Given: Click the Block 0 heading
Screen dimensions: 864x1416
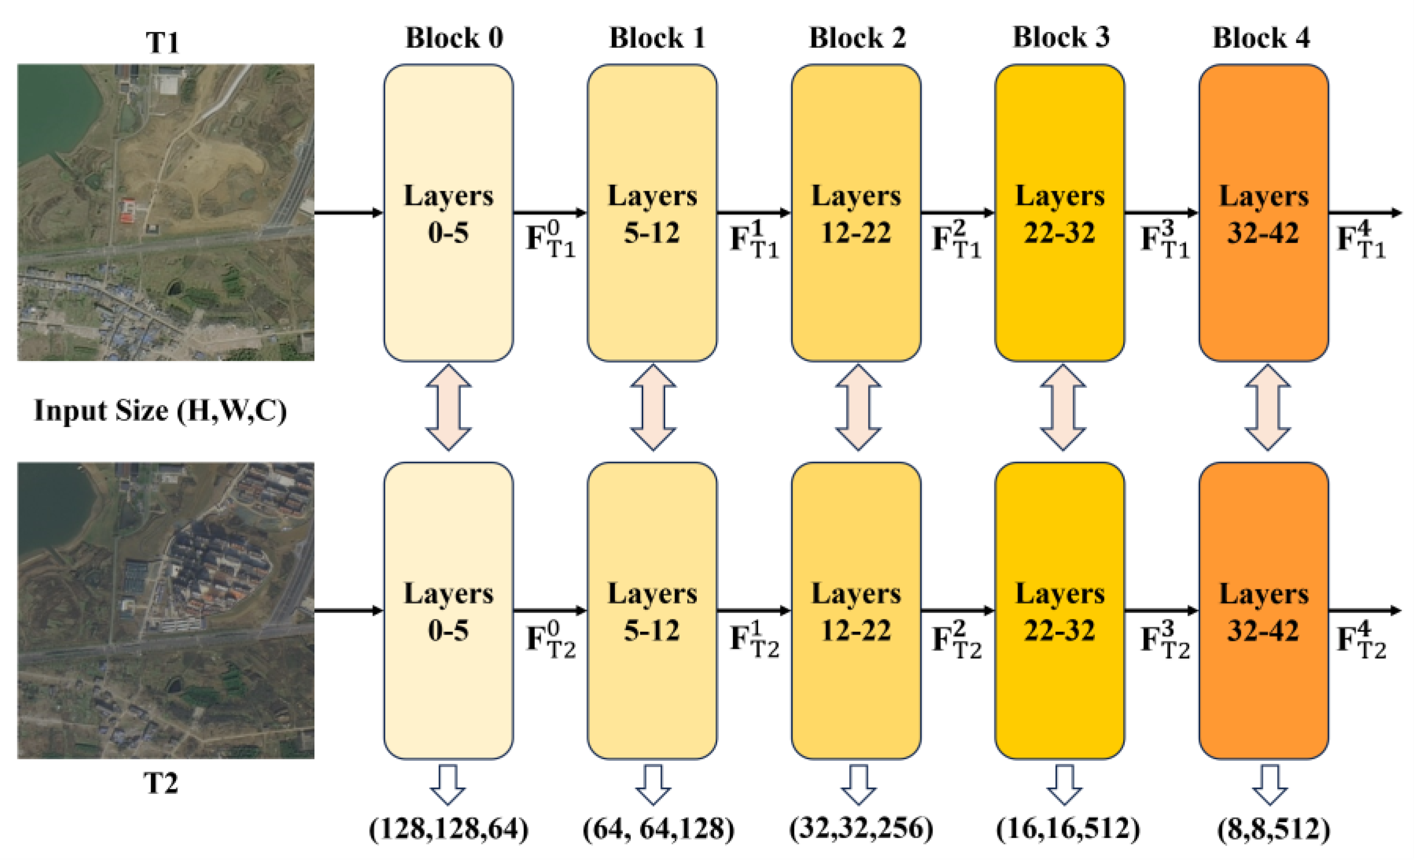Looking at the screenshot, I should click(454, 38).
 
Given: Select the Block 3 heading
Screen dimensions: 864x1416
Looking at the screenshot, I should click(1060, 37).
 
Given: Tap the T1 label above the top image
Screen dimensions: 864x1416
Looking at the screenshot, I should click(162, 42).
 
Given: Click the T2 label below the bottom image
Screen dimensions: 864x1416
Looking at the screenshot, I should click(161, 783).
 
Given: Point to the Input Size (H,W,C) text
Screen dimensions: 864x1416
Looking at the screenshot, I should click(160, 410).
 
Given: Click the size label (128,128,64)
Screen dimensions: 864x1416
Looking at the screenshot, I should click(448, 829).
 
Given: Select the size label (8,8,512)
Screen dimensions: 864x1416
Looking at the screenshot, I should click(1273, 829).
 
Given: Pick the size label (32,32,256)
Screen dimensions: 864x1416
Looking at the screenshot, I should click(861, 828).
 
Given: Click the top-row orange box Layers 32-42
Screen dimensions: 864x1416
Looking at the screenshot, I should click(1263, 213).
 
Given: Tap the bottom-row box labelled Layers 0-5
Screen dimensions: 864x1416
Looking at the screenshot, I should click(448, 610).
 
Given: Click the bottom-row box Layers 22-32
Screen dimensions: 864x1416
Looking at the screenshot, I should click(1059, 610).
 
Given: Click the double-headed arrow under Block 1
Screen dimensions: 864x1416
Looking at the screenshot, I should click(653, 407).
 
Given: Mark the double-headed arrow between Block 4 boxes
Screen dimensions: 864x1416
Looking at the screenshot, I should click(1267, 407).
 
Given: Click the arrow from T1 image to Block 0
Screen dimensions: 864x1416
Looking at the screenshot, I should click(348, 213).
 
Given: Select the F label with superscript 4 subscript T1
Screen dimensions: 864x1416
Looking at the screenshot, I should click(1361, 238).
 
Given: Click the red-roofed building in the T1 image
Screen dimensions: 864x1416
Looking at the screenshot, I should click(128, 211).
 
